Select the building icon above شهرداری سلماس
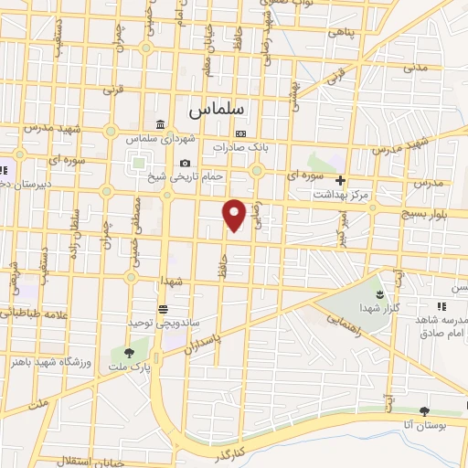[160, 125]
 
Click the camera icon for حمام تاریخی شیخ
[185, 163]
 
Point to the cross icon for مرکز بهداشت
[340, 180]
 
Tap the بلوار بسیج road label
[433, 212]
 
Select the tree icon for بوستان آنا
[423, 411]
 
